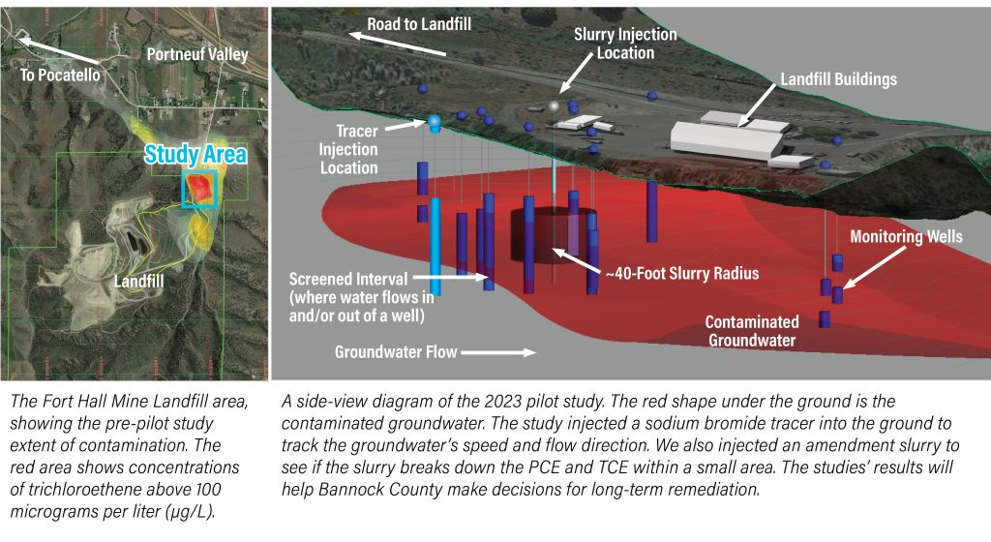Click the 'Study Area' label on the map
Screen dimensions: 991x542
[195, 154]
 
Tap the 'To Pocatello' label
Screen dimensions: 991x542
[60, 75]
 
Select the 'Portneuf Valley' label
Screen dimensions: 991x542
[197, 54]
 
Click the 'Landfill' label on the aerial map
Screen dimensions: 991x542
[138, 281]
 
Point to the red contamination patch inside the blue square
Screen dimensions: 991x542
[199, 188]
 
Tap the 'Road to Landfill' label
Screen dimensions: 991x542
[419, 24]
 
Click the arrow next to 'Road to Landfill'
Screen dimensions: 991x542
[398, 45]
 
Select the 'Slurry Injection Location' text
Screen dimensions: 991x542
[625, 44]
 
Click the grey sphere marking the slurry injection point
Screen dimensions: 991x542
[555, 105]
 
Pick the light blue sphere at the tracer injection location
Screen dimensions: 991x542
[435, 121]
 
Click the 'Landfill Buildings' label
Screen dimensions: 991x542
[839, 79]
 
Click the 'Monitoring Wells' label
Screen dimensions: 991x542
[906, 237]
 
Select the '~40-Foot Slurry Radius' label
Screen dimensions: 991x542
[682, 274]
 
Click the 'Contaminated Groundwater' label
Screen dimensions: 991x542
[752, 331]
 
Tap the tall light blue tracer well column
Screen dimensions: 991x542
[435, 247]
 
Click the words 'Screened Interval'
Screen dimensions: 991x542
[348, 279]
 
